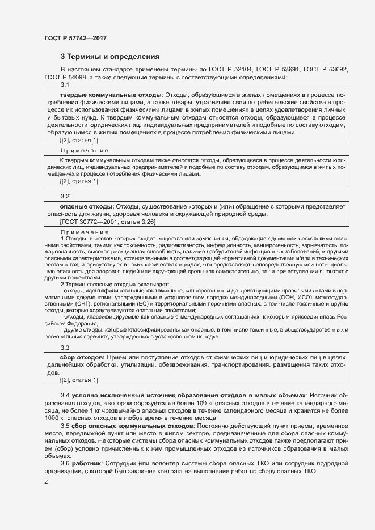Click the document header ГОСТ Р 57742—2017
75,38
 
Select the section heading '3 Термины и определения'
110,57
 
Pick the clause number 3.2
65,196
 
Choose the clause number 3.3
65,347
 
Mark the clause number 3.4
65,394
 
